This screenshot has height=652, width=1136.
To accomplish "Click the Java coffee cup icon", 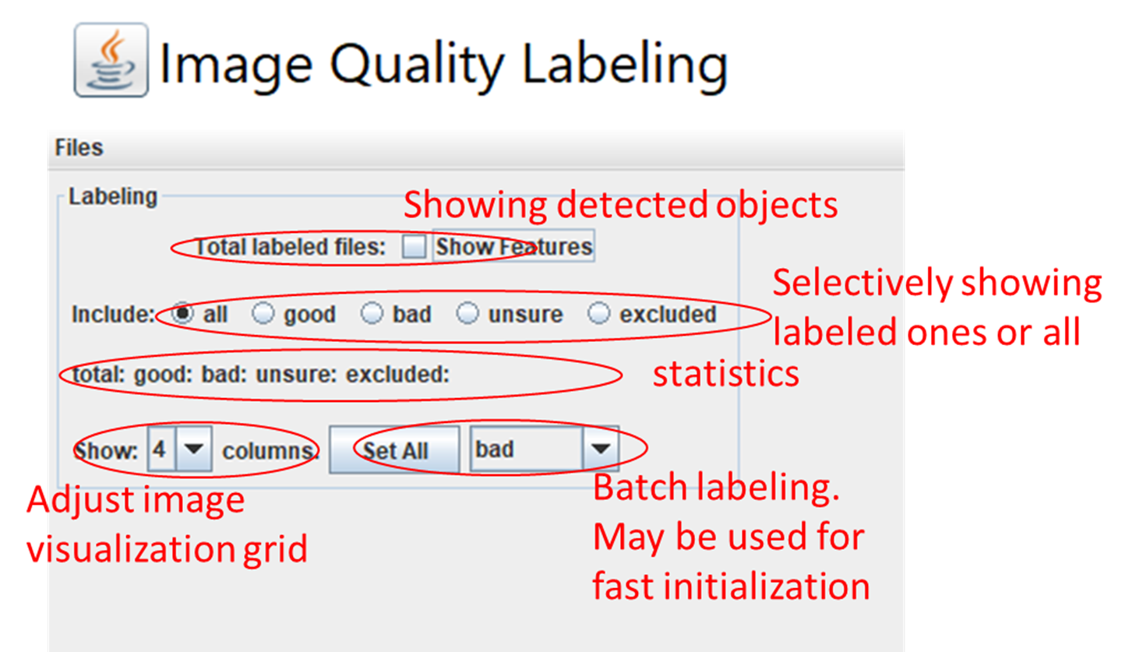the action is (111, 60).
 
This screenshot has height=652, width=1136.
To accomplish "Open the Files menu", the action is (79, 147).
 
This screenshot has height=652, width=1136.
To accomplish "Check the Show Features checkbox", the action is (414, 247).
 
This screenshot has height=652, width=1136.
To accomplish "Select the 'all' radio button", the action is (182, 313).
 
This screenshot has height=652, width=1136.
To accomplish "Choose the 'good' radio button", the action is (263, 313).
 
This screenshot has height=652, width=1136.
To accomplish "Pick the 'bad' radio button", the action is (372, 313).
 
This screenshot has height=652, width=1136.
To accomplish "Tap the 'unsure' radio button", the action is (467, 313).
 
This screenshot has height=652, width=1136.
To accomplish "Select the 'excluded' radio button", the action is (598, 313).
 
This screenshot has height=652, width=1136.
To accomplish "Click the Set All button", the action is (394, 449).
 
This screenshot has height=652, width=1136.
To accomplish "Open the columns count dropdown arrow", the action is (194, 449).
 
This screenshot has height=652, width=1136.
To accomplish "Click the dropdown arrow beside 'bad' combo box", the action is (601, 449).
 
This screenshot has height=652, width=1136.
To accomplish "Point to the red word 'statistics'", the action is (725, 374).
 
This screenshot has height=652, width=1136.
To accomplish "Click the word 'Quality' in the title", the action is (417, 65).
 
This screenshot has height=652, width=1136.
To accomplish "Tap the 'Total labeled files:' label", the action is (291, 247).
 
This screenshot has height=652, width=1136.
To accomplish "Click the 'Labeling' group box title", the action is (113, 197).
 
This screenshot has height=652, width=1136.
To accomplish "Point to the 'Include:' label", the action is (113, 315).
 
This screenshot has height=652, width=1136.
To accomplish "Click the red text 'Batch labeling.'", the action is (716, 488).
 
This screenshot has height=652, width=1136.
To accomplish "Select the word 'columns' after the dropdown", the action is (267, 451).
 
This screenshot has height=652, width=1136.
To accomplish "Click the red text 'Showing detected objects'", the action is (621, 205).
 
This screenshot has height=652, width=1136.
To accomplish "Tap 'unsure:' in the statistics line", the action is (296, 375).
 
